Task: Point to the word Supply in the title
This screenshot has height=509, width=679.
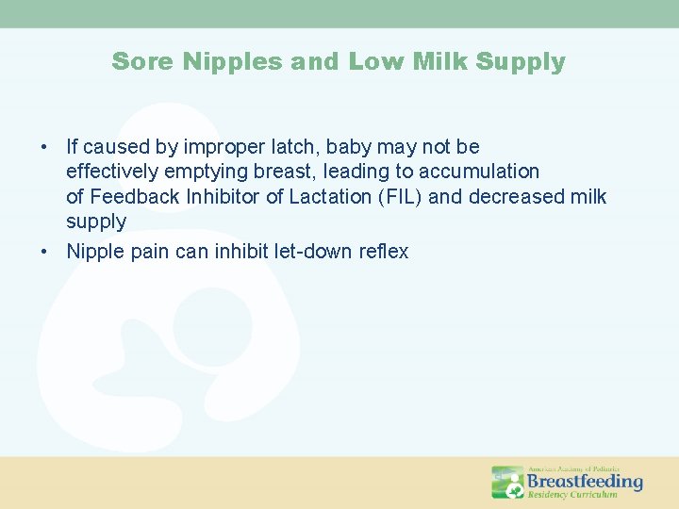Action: tap(521, 62)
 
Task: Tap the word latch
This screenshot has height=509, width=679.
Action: tap(293, 147)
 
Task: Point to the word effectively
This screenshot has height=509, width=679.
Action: tap(107, 172)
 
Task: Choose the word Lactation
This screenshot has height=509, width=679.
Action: tap(289, 197)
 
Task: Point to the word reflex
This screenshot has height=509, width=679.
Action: tap(385, 252)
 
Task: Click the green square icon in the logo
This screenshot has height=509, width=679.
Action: tap(507, 482)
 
